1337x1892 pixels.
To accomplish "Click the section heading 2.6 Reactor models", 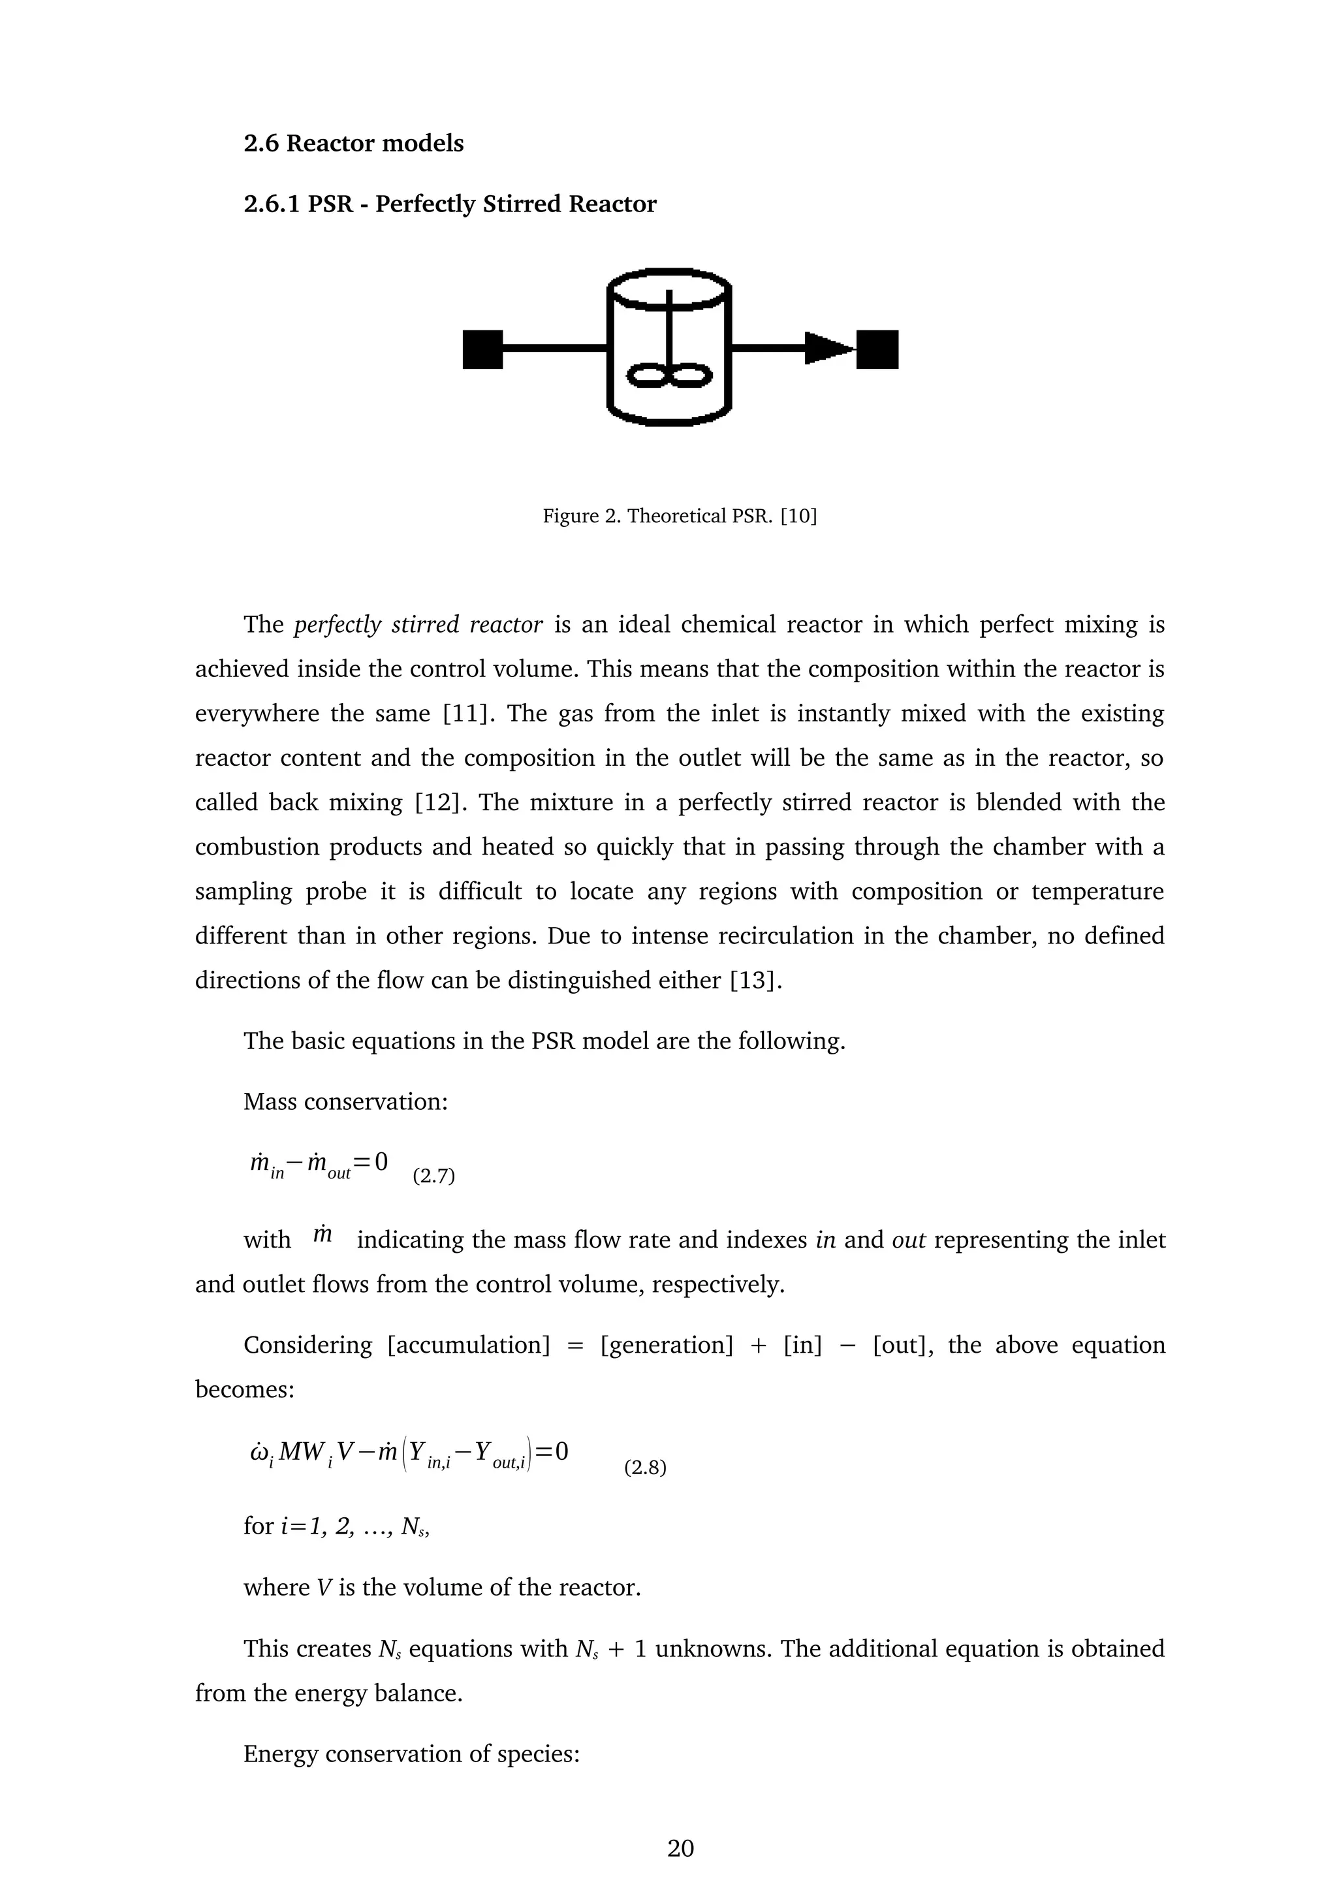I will (353, 144).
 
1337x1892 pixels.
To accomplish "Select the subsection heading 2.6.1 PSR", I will (449, 204).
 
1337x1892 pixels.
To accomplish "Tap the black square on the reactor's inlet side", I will (482, 349).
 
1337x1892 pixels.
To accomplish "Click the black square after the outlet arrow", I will (877, 349).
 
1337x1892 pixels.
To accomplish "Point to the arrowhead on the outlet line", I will (827, 349).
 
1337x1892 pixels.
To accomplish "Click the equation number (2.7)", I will (433, 1176).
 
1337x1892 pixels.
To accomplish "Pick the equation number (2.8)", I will (645, 1468).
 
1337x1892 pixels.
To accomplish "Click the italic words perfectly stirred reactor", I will (418, 625).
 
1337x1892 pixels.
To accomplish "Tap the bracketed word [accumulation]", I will (467, 1346).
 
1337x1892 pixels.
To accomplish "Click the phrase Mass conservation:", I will (345, 1102).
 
